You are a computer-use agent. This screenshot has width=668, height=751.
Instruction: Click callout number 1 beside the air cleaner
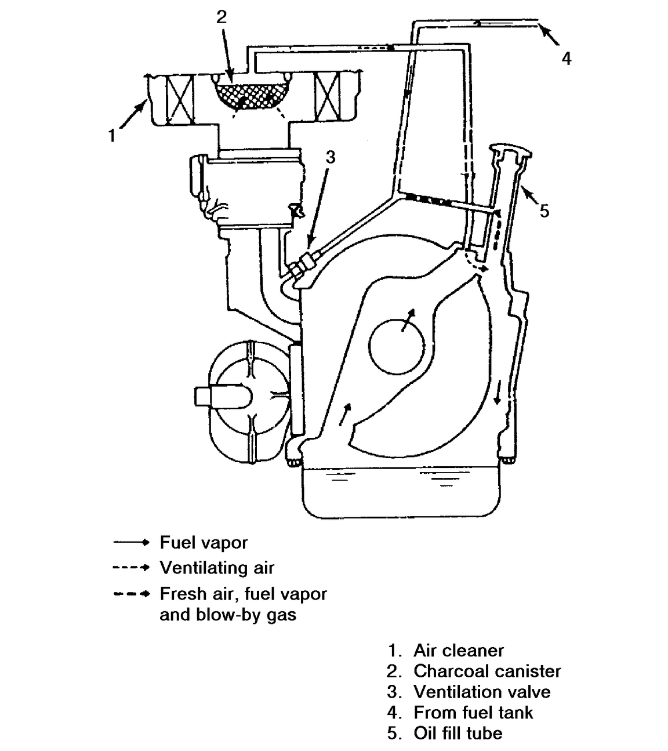point(112,137)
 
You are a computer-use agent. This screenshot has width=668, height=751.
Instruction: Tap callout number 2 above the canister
point(221,17)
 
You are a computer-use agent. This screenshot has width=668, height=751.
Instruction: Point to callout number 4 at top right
point(566,58)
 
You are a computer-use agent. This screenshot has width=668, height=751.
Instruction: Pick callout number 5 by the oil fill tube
point(544,211)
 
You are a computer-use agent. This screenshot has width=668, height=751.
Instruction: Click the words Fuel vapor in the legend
point(204,543)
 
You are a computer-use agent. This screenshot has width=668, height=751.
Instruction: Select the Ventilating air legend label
point(217,568)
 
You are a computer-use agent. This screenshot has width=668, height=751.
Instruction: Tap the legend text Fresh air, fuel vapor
point(243,594)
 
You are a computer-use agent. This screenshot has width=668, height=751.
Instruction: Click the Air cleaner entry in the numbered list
point(458,650)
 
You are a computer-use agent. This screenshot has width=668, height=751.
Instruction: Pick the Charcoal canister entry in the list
point(487,671)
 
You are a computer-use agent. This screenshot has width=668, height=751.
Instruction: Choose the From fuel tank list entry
point(473,712)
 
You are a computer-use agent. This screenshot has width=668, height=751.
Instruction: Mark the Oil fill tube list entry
point(458,733)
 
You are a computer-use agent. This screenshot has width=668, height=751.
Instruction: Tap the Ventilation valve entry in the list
point(481,691)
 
